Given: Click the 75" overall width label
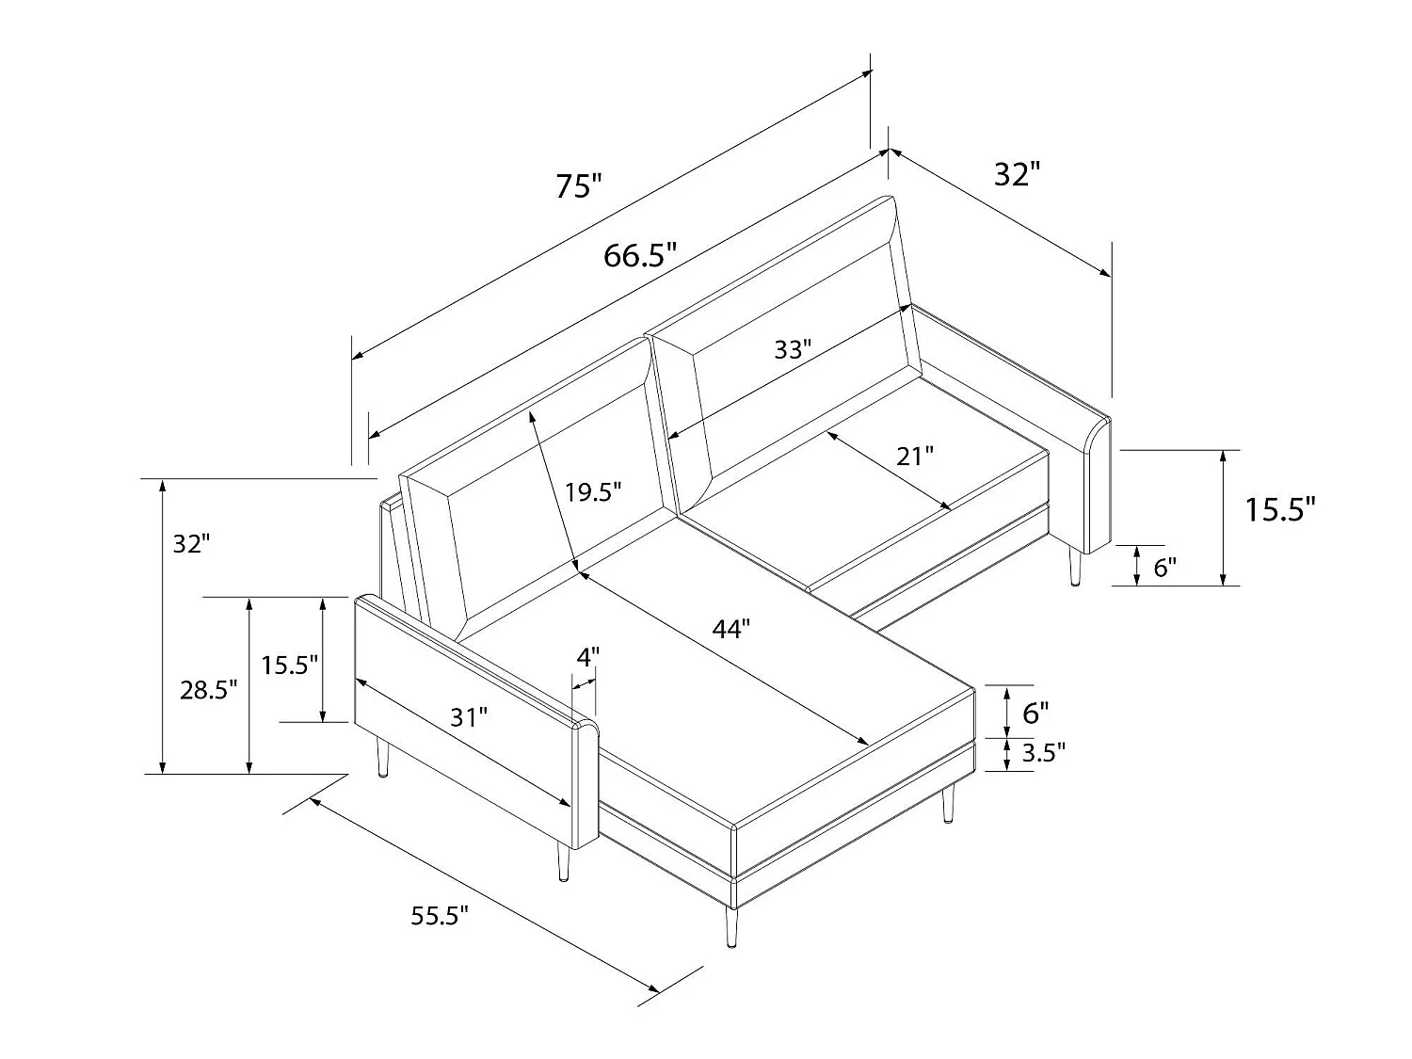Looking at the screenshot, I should point(577,185).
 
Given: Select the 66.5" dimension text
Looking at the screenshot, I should point(640,255).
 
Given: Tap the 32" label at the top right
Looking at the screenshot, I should point(1017,174).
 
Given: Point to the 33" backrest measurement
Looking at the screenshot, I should point(792,350).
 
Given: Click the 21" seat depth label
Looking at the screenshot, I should point(914,457).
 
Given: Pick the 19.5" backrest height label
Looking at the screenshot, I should point(594,491).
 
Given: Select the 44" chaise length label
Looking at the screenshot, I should point(730,629).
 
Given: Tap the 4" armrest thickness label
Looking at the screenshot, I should point(587,657).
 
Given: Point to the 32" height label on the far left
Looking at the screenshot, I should point(191,543).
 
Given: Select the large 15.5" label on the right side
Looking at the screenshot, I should point(1279,510).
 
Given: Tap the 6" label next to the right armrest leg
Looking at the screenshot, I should point(1164,568).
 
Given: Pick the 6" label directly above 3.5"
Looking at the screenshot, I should point(1035,713).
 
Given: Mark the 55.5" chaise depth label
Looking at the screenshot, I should point(440,915).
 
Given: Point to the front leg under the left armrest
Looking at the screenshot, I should point(563,860).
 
